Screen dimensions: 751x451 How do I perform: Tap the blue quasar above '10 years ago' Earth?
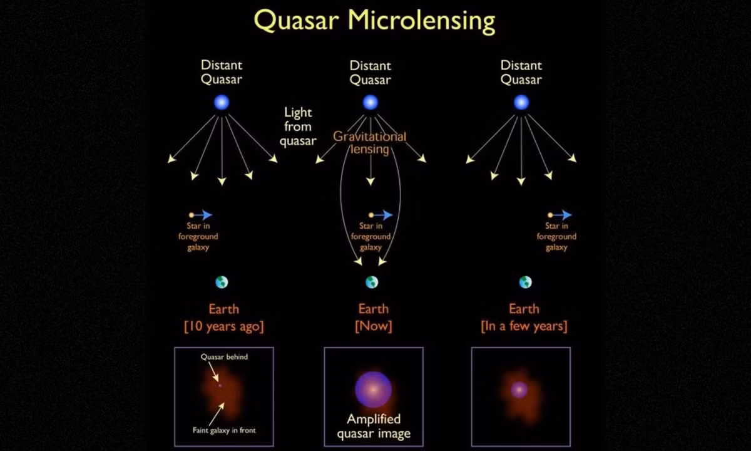pos(222,102)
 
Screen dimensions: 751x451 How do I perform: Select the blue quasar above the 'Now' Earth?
pos(370,102)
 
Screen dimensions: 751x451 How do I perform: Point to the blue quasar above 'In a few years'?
pos(521,102)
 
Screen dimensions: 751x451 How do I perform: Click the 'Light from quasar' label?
pos(298,127)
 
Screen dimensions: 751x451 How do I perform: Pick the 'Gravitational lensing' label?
pos(369,143)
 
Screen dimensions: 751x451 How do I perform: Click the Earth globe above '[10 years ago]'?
pos(222,283)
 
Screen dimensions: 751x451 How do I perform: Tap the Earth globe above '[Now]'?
pos(372,283)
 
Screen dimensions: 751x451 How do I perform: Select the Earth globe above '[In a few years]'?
pos(525,283)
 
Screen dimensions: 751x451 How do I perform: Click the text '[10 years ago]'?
pos(224,326)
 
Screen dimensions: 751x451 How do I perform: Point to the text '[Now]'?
pos(374,326)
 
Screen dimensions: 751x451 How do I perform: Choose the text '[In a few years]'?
pos(524,326)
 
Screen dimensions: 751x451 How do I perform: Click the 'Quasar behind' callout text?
pos(224,356)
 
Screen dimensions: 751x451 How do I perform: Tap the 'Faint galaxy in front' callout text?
pos(224,430)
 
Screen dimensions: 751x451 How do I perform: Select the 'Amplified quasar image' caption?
pos(374,426)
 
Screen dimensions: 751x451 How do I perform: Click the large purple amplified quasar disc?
pos(373,390)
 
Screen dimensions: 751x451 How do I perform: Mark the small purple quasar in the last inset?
pos(519,390)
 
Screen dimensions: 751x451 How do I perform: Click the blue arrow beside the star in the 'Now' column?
pos(383,215)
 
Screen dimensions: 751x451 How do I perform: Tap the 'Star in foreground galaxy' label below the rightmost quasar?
pos(556,237)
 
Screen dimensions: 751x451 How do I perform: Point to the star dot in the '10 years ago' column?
pos(192,215)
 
